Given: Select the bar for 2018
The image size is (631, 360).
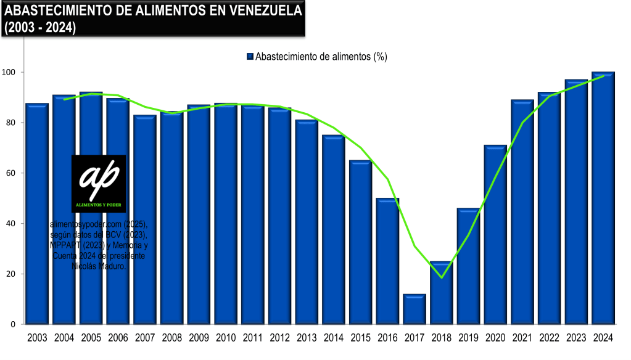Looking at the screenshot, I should (442, 293).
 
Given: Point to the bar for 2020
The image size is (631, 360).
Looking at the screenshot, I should (495, 235).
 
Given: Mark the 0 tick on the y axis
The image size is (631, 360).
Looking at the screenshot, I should (13, 324).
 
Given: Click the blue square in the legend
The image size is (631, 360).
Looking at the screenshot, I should (250, 57).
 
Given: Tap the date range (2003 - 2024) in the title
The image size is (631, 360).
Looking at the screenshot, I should (40, 28).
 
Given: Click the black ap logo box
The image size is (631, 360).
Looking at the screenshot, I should (99, 183).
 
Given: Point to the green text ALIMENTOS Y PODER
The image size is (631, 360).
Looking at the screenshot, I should (99, 202).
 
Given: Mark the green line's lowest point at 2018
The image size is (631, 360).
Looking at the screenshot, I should (442, 277).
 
